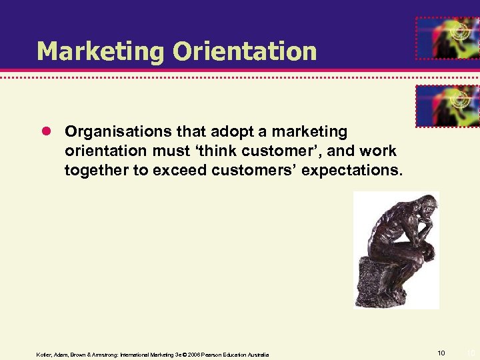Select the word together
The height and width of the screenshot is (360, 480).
(97, 170)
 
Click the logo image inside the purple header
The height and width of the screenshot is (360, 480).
(447, 39)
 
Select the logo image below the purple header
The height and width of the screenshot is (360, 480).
(447, 105)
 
